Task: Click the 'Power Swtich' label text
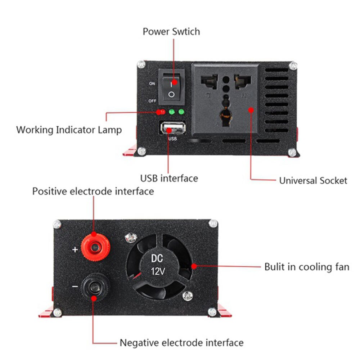[x=171, y=31]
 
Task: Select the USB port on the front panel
[x=172, y=129]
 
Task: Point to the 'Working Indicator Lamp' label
[x=69, y=130]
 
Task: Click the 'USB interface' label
[x=169, y=178]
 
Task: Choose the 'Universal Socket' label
[x=313, y=180]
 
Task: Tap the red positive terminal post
[x=95, y=247]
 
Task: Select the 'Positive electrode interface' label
[x=93, y=191]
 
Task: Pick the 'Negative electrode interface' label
[x=181, y=342]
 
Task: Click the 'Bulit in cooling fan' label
[x=306, y=267]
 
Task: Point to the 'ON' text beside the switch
[x=152, y=84]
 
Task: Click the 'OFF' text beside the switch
[x=152, y=101]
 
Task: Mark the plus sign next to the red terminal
[x=75, y=249]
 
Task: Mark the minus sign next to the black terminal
[x=75, y=287]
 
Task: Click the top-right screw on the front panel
[x=294, y=66]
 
